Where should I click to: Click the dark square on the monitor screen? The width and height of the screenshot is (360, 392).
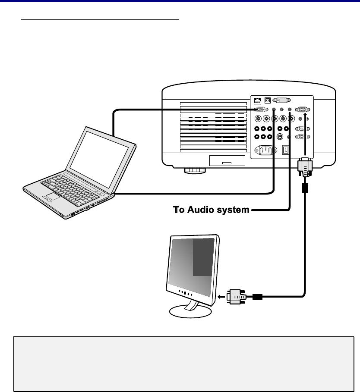click(203, 257)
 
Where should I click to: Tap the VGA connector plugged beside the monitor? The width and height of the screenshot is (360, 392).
click(235, 297)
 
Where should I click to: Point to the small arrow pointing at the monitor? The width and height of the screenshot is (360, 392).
click(222, 297)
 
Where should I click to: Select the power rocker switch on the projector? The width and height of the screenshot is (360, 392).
click(285, 150)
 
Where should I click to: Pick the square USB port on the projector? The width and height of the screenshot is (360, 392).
click(268, 99)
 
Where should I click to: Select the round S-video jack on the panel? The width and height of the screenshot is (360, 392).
click(280, 137)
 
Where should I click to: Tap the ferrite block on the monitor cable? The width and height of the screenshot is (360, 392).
click(306, 188)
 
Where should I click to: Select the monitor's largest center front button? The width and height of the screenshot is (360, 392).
click(185, 292)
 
